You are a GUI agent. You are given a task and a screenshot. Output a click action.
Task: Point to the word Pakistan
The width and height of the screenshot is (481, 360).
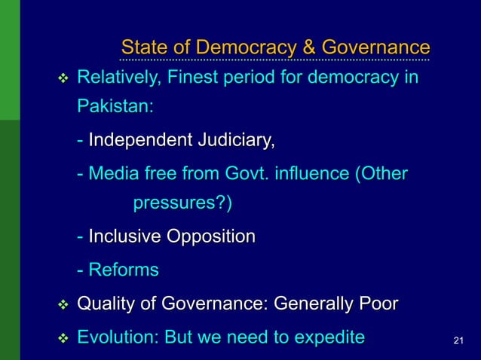115,106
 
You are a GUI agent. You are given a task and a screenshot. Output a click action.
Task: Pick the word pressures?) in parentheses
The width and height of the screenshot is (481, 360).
183,203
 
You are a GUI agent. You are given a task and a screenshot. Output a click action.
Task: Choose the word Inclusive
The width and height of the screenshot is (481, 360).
124,236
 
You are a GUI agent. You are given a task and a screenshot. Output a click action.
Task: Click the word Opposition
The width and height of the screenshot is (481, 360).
210,236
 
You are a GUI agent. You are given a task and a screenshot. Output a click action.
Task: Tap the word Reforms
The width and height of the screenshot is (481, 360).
124,270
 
